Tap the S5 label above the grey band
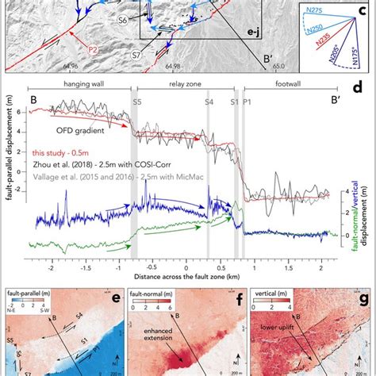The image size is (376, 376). (x=137, y=102)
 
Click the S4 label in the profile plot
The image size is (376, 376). (x=209, y=102)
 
